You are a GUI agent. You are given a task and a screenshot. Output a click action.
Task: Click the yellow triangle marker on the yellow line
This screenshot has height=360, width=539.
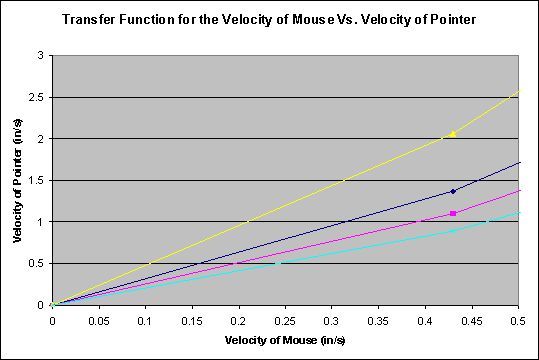pyautogui.click(x=453, y=133)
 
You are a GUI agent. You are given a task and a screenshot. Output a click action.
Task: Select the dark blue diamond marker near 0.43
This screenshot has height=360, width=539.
pyautogui.click(x=453, y=191)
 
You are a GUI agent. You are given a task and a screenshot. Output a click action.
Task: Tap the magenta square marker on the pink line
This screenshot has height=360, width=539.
pyautogui.click(x=453, y=213)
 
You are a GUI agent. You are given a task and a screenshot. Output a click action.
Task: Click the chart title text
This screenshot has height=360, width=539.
pyautogui.click(x=270, y=19)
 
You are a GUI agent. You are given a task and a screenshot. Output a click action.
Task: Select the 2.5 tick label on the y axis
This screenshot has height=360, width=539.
pyautogui.click(x=37, y=97)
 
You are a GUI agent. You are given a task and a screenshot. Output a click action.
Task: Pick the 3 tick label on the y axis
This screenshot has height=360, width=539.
pyautogui.click(x=41, y=55)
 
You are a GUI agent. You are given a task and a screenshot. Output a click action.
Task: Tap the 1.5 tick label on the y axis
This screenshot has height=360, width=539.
pyautogui.click(x=37, y=180)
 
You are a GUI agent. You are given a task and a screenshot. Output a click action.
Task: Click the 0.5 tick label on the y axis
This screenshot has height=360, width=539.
pyautogui.click(x=37, y=263)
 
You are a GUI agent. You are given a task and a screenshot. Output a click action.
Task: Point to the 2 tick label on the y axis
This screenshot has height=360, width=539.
pyautogui.click(x=41, y=138)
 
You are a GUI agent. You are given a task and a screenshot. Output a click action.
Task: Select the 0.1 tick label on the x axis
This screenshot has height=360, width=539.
pyautogui.click(x=145, y=322)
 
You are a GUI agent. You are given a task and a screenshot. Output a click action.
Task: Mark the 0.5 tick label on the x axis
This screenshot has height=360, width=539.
pyautogui.click(x=518, y=322)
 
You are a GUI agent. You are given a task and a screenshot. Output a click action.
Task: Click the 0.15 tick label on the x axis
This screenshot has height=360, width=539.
pyautogui.click(x=192, y=322)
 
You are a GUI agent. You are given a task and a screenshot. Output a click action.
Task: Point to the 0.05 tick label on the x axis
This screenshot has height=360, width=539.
pyautogui.click(x=98, y=322)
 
